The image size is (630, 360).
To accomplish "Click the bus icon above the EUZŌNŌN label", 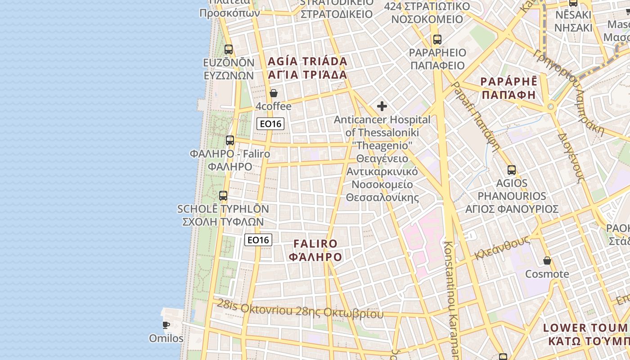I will coord(229,49).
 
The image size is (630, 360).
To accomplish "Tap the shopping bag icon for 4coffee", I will coord(273,94).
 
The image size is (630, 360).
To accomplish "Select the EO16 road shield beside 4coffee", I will coord(270,124).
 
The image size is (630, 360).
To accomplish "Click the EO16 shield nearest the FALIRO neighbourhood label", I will coord(258,240).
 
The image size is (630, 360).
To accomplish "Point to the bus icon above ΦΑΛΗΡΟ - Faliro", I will coord(230,140).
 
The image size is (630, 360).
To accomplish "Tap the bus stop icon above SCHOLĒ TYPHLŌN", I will coord(223,196).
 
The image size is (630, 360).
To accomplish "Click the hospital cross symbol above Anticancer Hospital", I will coord(382,106).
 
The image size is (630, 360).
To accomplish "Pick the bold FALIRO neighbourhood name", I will coord(315,244).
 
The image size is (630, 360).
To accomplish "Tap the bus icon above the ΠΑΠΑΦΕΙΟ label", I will coord(437,40).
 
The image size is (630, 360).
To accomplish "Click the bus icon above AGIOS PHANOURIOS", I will coord(512,170).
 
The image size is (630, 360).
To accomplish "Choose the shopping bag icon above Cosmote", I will coord(547,261).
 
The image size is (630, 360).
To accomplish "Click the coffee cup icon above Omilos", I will coord(166,325).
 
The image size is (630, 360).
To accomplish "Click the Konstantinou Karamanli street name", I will coord(451,297).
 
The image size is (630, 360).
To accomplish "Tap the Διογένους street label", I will coord(571,157).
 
